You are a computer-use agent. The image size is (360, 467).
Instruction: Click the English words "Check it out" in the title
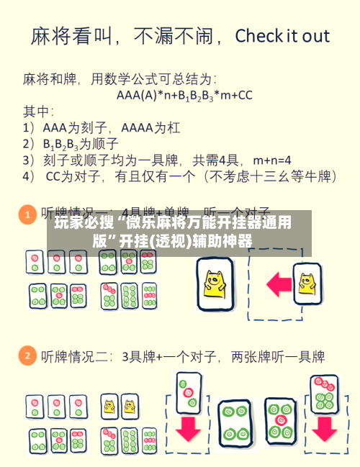[282, 36]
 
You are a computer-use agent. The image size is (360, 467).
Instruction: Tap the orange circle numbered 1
[27, 214]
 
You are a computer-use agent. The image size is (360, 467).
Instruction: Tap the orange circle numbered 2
[27, 356]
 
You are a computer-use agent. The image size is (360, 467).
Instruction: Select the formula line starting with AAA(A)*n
[184, 94]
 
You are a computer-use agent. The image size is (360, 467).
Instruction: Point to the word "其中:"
[39, 112]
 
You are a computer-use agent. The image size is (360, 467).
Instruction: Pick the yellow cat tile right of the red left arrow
[307, 279]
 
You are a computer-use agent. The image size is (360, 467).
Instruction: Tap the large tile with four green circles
[235, 422]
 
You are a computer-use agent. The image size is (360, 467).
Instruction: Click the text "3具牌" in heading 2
[139, 356]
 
